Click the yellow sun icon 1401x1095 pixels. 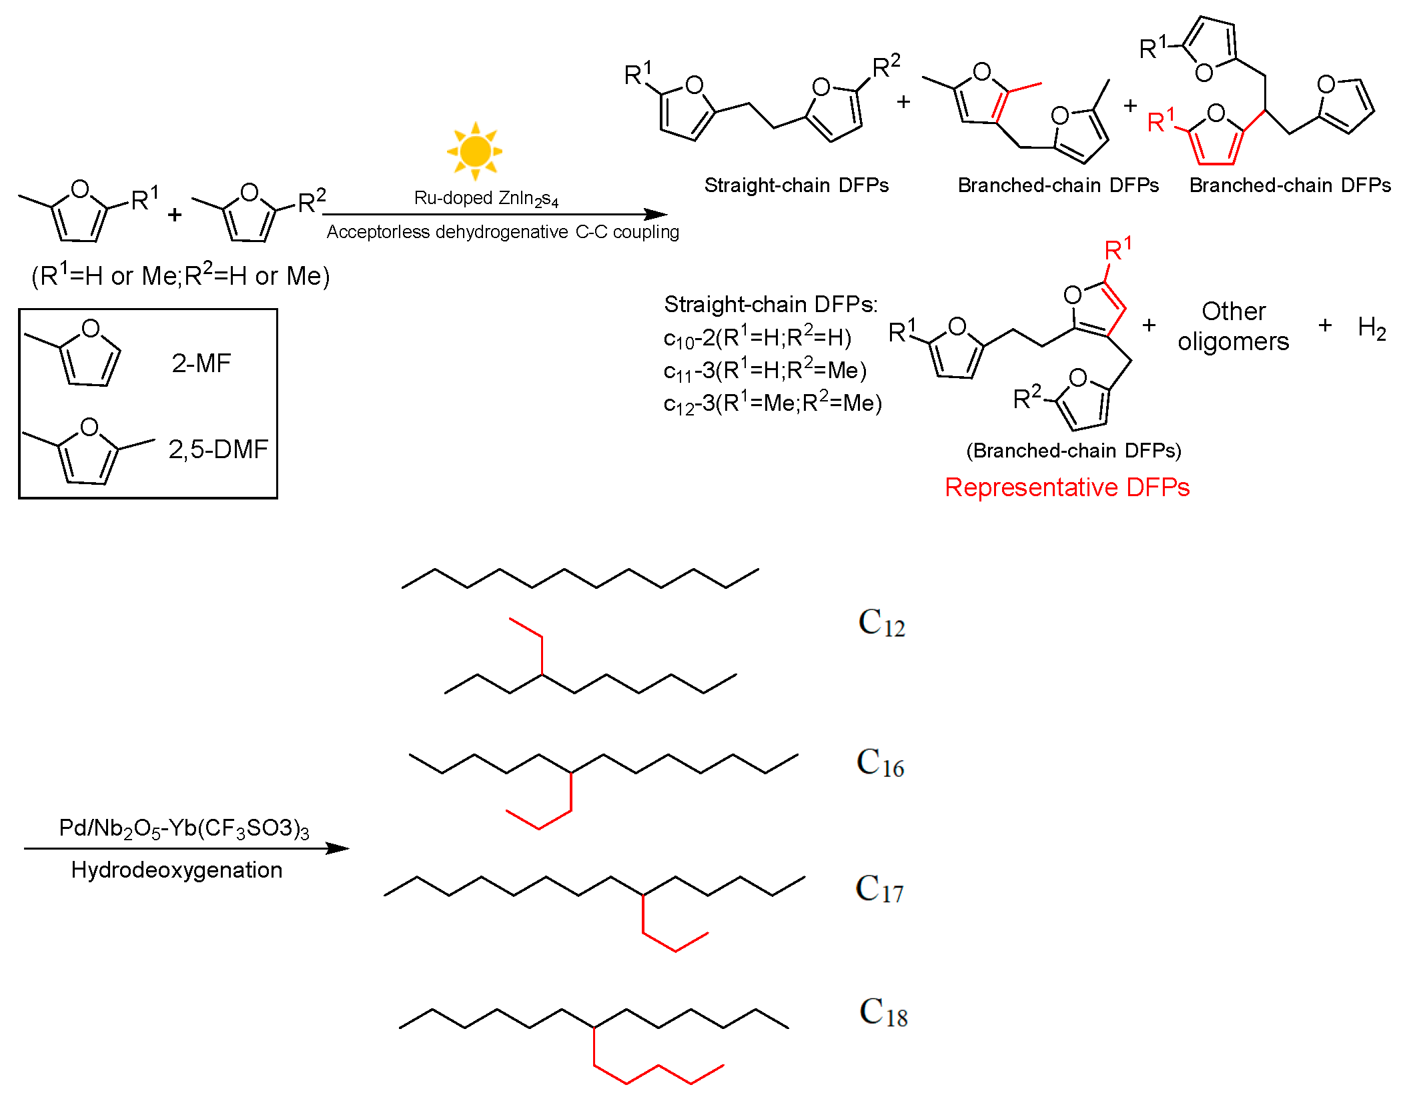point(474,151)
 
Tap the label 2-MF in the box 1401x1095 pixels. point(201,363)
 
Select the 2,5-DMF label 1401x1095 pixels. point(217,449)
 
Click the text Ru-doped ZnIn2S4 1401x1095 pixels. point(486,198)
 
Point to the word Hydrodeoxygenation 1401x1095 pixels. point(177,870)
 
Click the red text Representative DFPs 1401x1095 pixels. point(1067,487)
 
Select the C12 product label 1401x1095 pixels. point(881,623)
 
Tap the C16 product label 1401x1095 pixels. point(880,763)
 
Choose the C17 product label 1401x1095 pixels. point(879,889)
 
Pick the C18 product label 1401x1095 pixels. point(883,1012)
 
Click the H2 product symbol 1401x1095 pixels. point(1372,327)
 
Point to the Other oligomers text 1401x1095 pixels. point(1233,326)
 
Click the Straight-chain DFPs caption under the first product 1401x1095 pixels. point(797,185)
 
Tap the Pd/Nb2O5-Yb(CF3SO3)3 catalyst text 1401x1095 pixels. point(183,828)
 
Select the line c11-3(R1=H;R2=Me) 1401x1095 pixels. point(765,370)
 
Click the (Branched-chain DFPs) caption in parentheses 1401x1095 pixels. point(1073,451)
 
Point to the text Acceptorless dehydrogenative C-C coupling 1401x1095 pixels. point(502,232)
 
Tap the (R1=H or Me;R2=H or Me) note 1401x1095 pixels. point(180,275)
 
